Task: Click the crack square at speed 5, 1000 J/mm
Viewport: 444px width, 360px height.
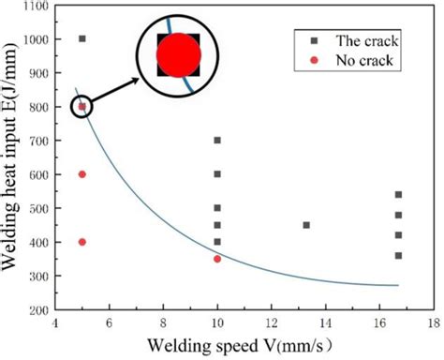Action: point(82,38)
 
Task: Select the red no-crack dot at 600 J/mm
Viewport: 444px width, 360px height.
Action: point(82,174)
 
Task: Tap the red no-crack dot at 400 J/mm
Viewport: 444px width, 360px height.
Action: point(82,242)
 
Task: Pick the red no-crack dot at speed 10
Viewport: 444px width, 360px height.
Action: point(217,259)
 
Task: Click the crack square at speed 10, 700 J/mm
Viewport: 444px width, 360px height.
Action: point(217,140)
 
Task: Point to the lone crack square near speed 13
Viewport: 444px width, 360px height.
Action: point(306,225)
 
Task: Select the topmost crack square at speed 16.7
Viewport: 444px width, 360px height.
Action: point(398,195)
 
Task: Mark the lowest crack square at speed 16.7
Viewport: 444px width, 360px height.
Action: point(398,256)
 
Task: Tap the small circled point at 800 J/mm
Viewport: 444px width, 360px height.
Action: point(82,106)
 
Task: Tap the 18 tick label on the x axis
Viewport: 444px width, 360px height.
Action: point(433,323)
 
